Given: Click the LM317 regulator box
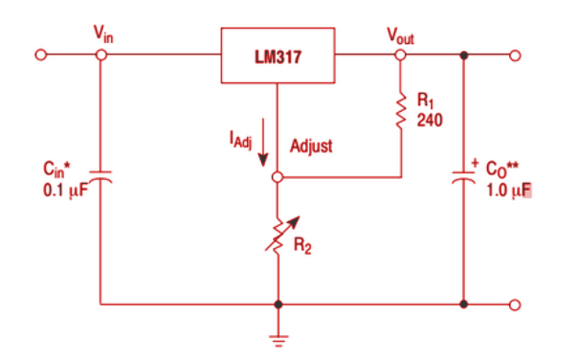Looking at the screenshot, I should [x=278, y=55].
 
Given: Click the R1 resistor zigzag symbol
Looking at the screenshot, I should [x=402, y=112].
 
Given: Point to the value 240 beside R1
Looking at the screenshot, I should [x=428, y=122].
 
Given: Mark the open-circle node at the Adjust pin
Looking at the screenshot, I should [x=278, y=178].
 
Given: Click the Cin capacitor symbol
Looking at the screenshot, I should [x=101, y=178].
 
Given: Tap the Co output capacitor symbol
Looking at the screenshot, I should [x=464, y=178].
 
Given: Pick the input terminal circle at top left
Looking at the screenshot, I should [x=39, y=55].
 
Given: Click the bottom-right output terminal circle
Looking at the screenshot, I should [x=516, y=305].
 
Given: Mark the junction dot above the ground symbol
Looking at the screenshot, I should [x=278, y=305].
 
